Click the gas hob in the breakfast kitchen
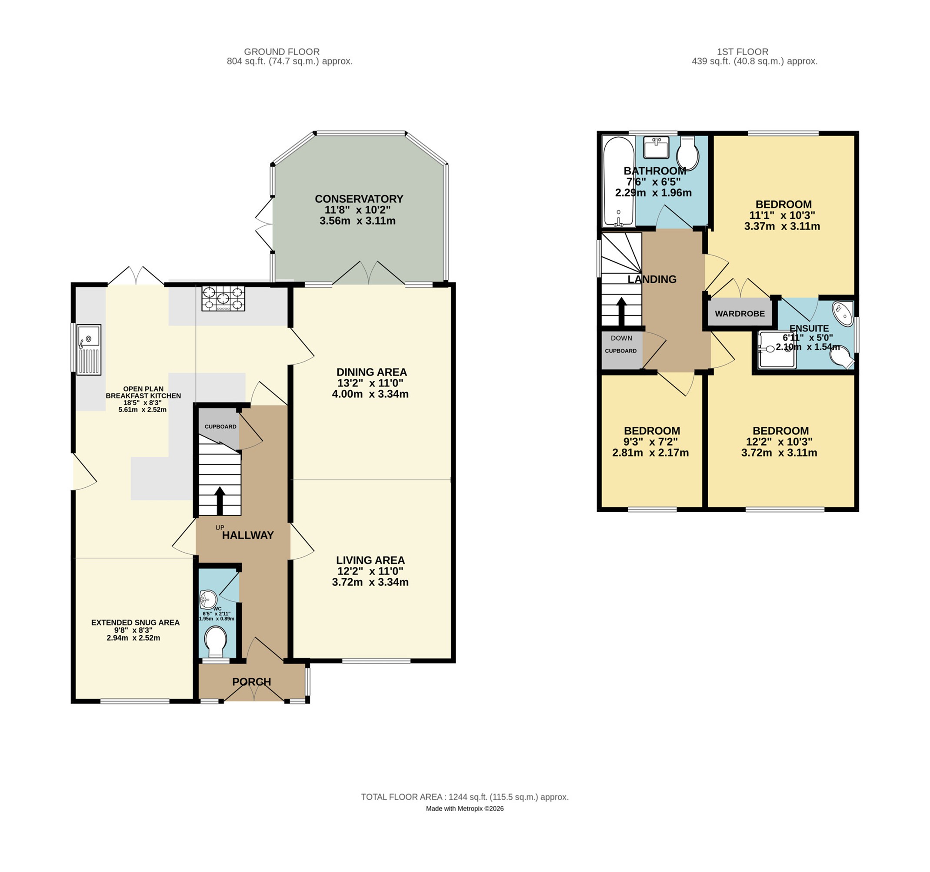pos(223,298)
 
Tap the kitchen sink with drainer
pos(89,350)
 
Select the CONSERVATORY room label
pos(359,199)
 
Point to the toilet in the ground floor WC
pos(216,641)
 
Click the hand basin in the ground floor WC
pos(208,600)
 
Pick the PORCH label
pos(252,682)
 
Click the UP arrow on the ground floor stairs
pos(220,501)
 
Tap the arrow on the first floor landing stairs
pos(622,312)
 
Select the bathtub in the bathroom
pos(618,181)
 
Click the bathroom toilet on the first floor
pos(688,153)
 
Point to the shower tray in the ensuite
pos(777,349)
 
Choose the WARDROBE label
pos(740,314)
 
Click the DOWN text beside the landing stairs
pos(621,338)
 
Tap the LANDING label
pos(652,279)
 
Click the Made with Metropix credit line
pos(464,808)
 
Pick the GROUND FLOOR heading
pos(282,52)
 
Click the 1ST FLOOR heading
pos(743,52)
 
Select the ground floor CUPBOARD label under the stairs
pos(220,426)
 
